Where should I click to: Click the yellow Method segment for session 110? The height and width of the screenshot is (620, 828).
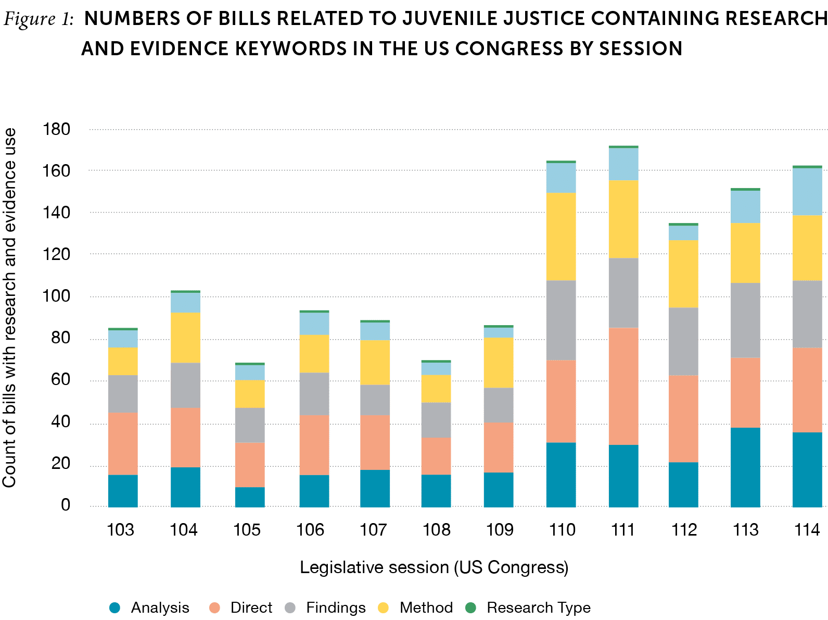(x=561, y=237)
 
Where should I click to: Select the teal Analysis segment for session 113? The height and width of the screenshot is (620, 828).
(x=745, y=467)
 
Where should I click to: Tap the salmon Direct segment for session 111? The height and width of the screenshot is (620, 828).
(x=623, y=386)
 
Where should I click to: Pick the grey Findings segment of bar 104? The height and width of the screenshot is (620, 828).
(x=185, y=385)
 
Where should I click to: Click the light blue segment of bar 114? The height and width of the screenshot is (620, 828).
(x=808, y=192)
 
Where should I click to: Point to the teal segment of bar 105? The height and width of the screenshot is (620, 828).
(x=250, y=497)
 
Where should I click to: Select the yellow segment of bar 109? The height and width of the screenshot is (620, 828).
(x=499, y=362)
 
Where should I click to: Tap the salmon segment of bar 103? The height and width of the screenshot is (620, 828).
(x=123, y=443)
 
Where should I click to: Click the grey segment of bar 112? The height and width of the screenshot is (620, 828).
(x=684, y=341)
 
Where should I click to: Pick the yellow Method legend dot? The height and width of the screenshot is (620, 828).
(x=384, y=607)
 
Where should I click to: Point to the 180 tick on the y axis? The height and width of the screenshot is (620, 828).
(x=58, y=129)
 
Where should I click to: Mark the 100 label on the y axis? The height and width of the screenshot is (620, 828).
(x=58, y=296)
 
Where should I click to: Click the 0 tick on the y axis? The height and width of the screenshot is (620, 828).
(x=66, y=505)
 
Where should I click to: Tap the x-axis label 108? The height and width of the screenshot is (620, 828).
(x=436, y=530)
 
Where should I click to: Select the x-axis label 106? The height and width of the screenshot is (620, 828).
(x=310, y=530)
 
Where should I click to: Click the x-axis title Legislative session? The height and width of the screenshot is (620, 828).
(x=434, y=567)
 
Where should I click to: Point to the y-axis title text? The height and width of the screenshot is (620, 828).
(x=9, y=307)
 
